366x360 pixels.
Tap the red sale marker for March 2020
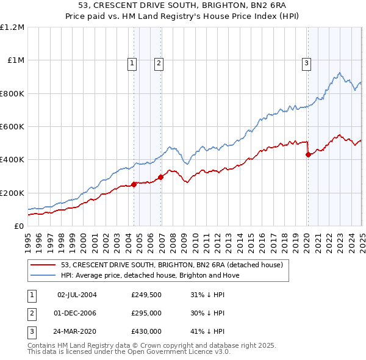[308, 154]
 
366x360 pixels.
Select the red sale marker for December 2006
[160, 177]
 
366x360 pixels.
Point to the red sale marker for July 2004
[134, 184]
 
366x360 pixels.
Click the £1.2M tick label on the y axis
[12, 27]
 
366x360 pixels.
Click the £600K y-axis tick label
[12, 127]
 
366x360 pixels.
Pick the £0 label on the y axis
[18, 226]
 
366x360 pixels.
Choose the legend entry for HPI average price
[150, 275]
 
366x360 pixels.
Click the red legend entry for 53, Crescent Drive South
[171, 265]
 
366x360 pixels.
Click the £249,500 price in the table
[146, 295]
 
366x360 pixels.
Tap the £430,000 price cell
[146, 332]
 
